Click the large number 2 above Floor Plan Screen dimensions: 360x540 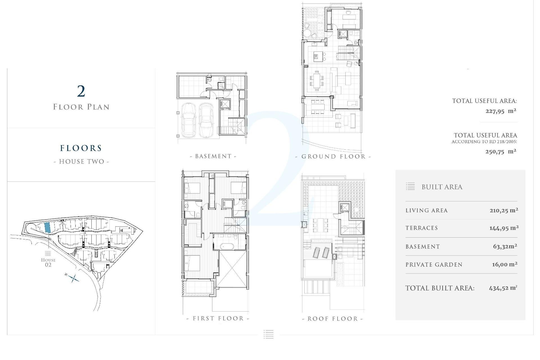[81, 91]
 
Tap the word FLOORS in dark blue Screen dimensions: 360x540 [81, 148]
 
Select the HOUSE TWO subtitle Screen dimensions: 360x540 [81, 161]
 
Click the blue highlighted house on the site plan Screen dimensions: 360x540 [48, 227]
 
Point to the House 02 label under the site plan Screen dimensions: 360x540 [48, 262]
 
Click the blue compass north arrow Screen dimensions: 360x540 [73, 278]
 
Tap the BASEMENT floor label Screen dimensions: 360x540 [213, 156]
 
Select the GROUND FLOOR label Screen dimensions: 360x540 [333, 157]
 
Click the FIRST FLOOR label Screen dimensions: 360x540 [218, 318]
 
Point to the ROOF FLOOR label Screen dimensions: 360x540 [332, 319]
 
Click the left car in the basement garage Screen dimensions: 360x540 [189, 120]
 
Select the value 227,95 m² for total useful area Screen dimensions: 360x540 [501, 111]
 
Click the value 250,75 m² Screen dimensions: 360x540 [501, 152]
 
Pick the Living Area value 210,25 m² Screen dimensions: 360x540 [504, 210]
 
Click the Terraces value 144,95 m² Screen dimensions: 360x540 [504, 228]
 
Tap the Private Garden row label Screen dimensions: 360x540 [434, 265]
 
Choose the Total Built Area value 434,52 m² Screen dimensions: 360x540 [503, 288]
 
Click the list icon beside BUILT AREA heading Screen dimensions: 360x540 [410, 186]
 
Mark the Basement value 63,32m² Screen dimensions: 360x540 [505, 247]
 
